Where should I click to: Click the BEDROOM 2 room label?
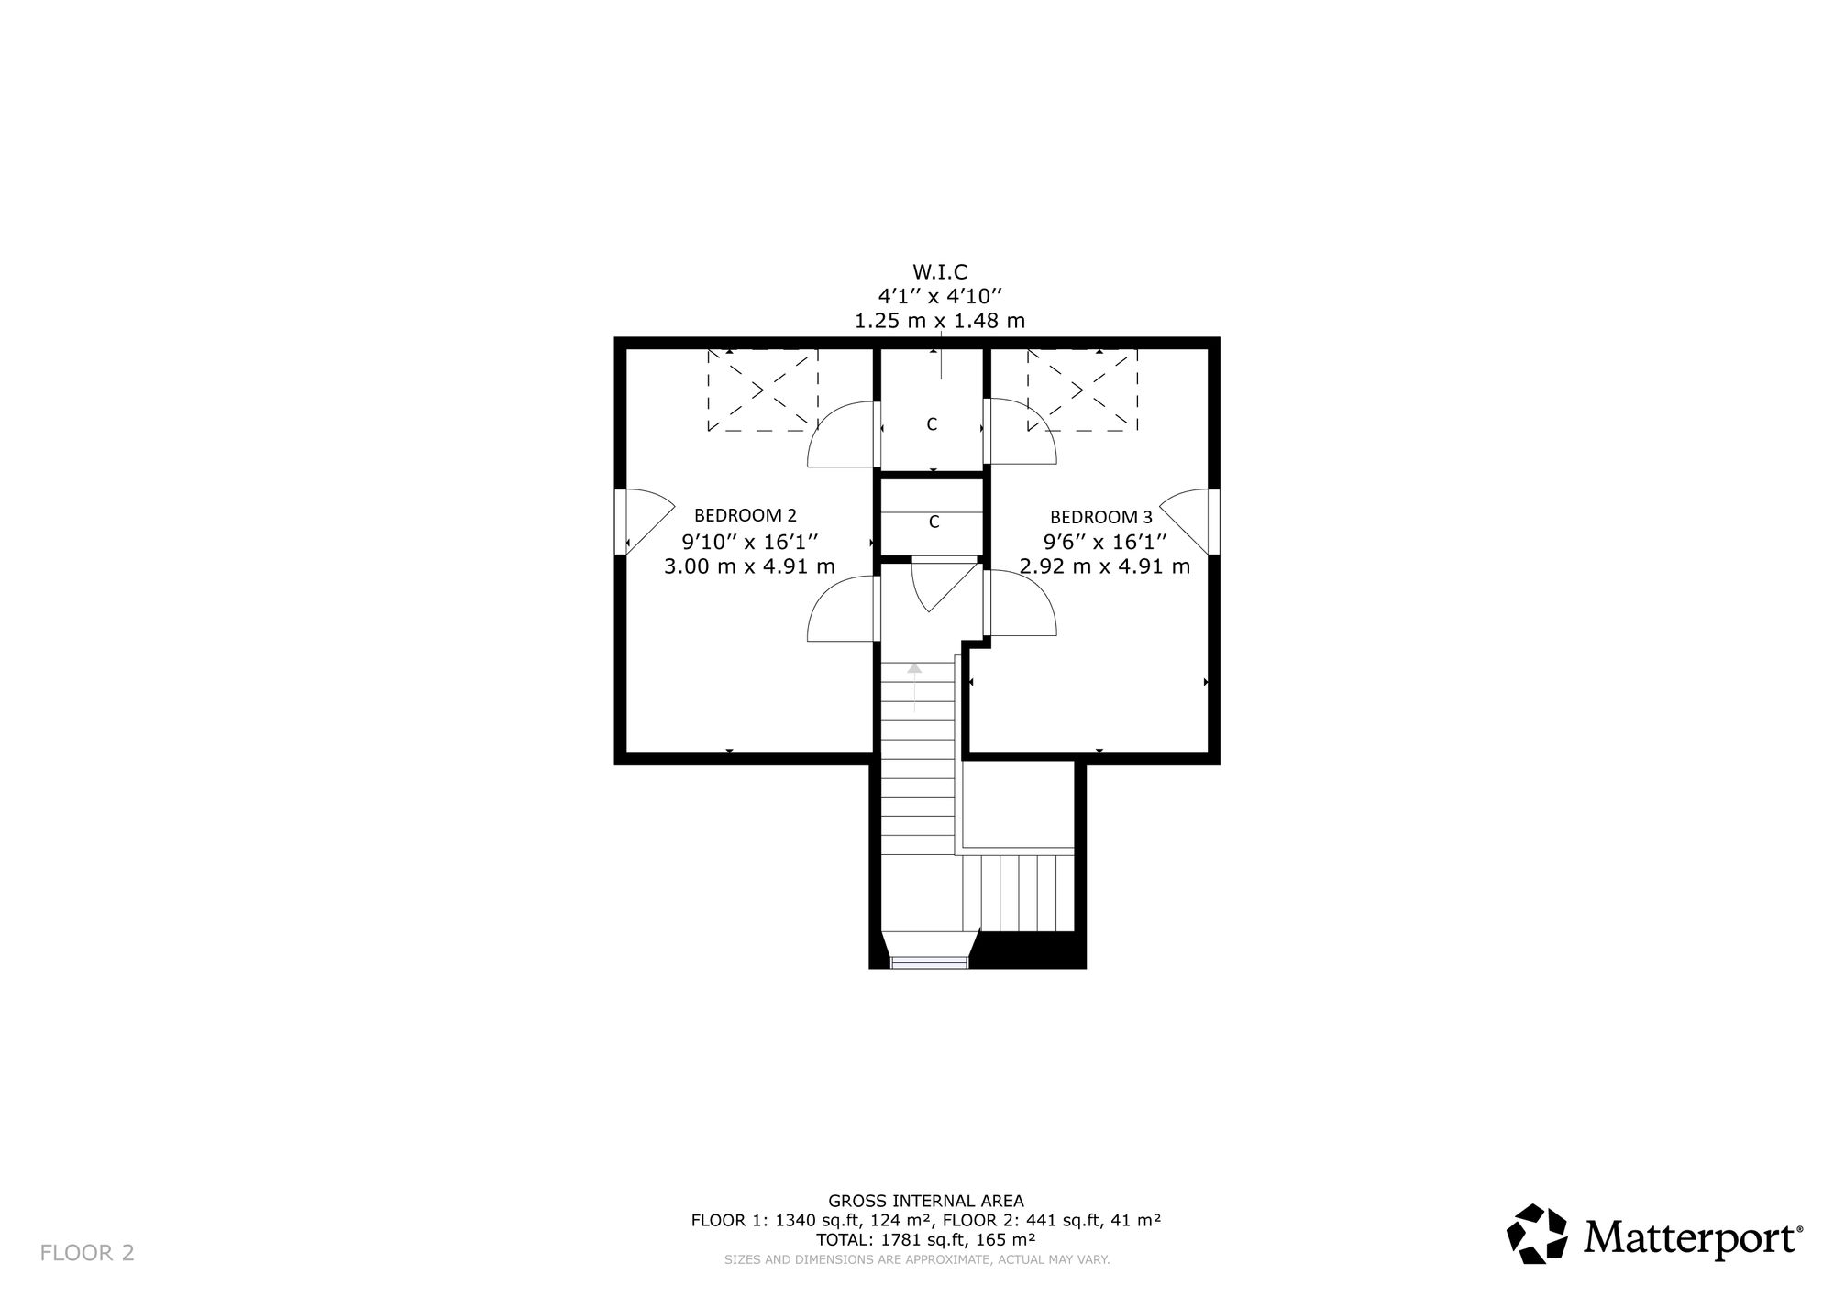(x=745, y=515)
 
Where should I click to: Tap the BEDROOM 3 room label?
(x=1100, y=517)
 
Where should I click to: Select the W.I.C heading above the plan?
(x=940, y=272)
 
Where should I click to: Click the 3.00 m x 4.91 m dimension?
(x=749, y=566)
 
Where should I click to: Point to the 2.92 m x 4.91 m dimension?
(x=1105, y=566)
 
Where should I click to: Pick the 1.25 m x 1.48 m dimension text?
(x=940, y=321)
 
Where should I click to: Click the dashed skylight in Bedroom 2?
(x=762, y=390)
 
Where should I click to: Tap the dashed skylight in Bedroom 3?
(x=1082, y=390)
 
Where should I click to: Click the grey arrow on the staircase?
(x=913, y=687)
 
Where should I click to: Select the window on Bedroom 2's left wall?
(x=620, y=522)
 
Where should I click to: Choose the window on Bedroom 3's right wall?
(x=1213, y=522)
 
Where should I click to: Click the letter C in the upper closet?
(x=932, y=424)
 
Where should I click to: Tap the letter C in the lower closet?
(x=934, y=522)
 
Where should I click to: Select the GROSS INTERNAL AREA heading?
(x=926, y=1201)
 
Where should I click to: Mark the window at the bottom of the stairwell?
(x=929, y=961)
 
